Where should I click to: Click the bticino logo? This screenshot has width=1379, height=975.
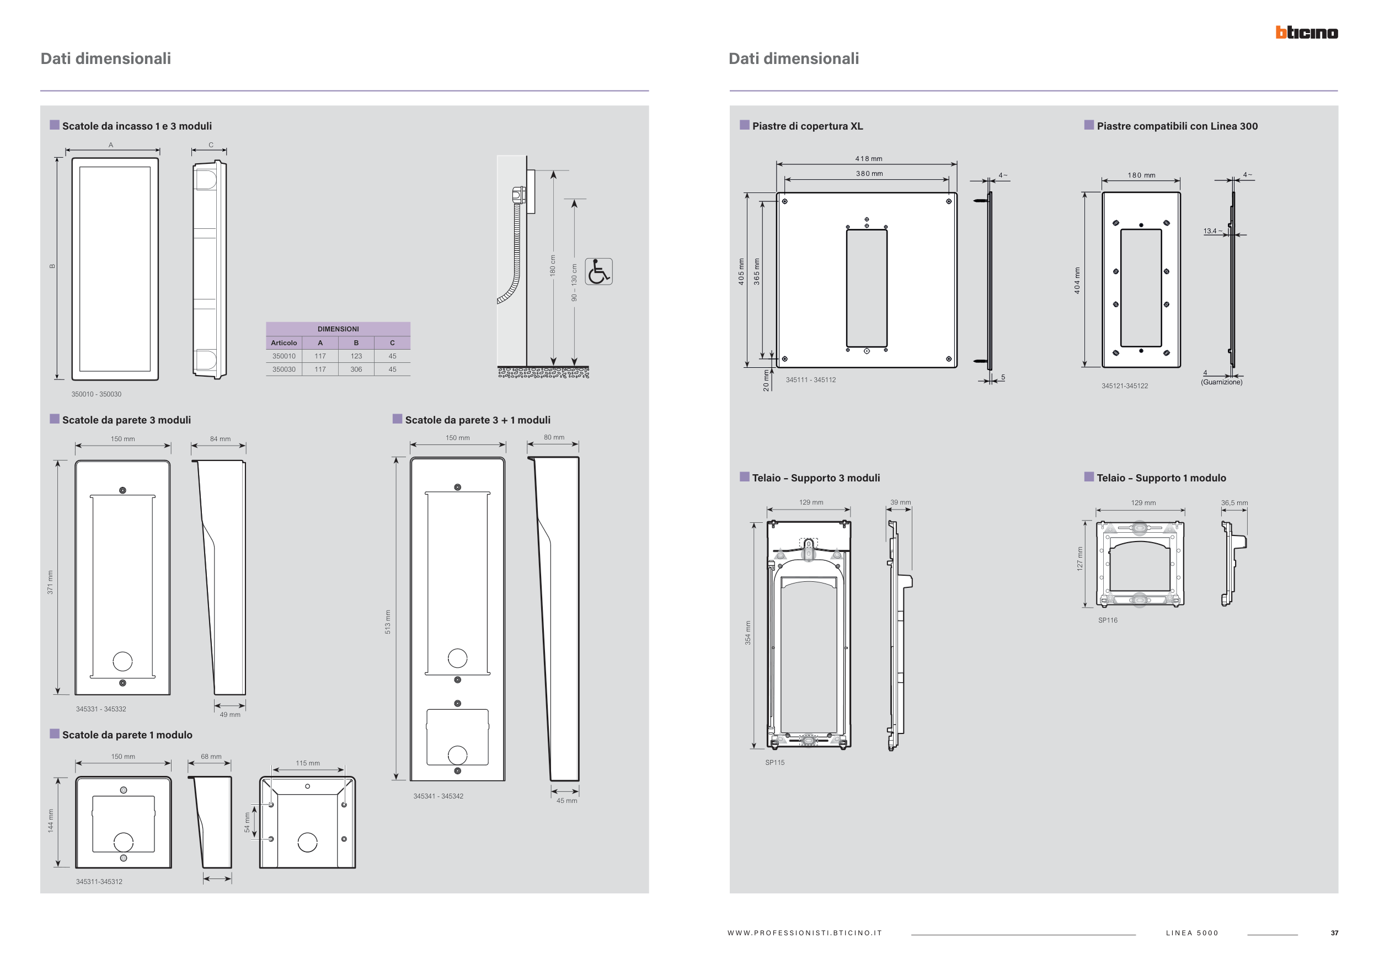click(x=1306, y=33)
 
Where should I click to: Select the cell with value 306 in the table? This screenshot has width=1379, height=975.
click(x=356, y=369)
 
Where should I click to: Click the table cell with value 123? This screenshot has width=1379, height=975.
click(x=356, y=356)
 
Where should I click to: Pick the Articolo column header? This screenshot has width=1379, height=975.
click(x=284, y=343)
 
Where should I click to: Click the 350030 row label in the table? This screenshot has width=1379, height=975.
click(x=284, y=369)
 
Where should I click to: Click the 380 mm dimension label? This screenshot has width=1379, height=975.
click(x=869, y=174)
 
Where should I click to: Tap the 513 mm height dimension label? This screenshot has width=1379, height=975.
click(x=388, y=622)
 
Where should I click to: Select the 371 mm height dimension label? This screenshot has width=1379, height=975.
click(x=50, y=582)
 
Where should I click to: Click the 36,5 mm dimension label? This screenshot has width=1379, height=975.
click(x=1234, y=503)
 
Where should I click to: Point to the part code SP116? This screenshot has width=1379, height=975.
click(x=1108, y=620)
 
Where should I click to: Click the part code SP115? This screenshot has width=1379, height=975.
click(x=775, y=763)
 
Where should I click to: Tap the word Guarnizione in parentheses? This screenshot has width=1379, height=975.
click(x=1222, y=382)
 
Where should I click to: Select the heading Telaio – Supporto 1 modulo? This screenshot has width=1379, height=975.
click(x=1162, y=478)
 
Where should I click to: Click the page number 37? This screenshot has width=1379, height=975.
click(x=1334, y=933)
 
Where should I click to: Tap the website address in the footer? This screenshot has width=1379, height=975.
click(x=805, y=933)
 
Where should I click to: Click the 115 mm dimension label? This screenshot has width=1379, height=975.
click(x=307, y=763)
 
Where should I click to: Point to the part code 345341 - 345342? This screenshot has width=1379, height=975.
click(x=439, y=796)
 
